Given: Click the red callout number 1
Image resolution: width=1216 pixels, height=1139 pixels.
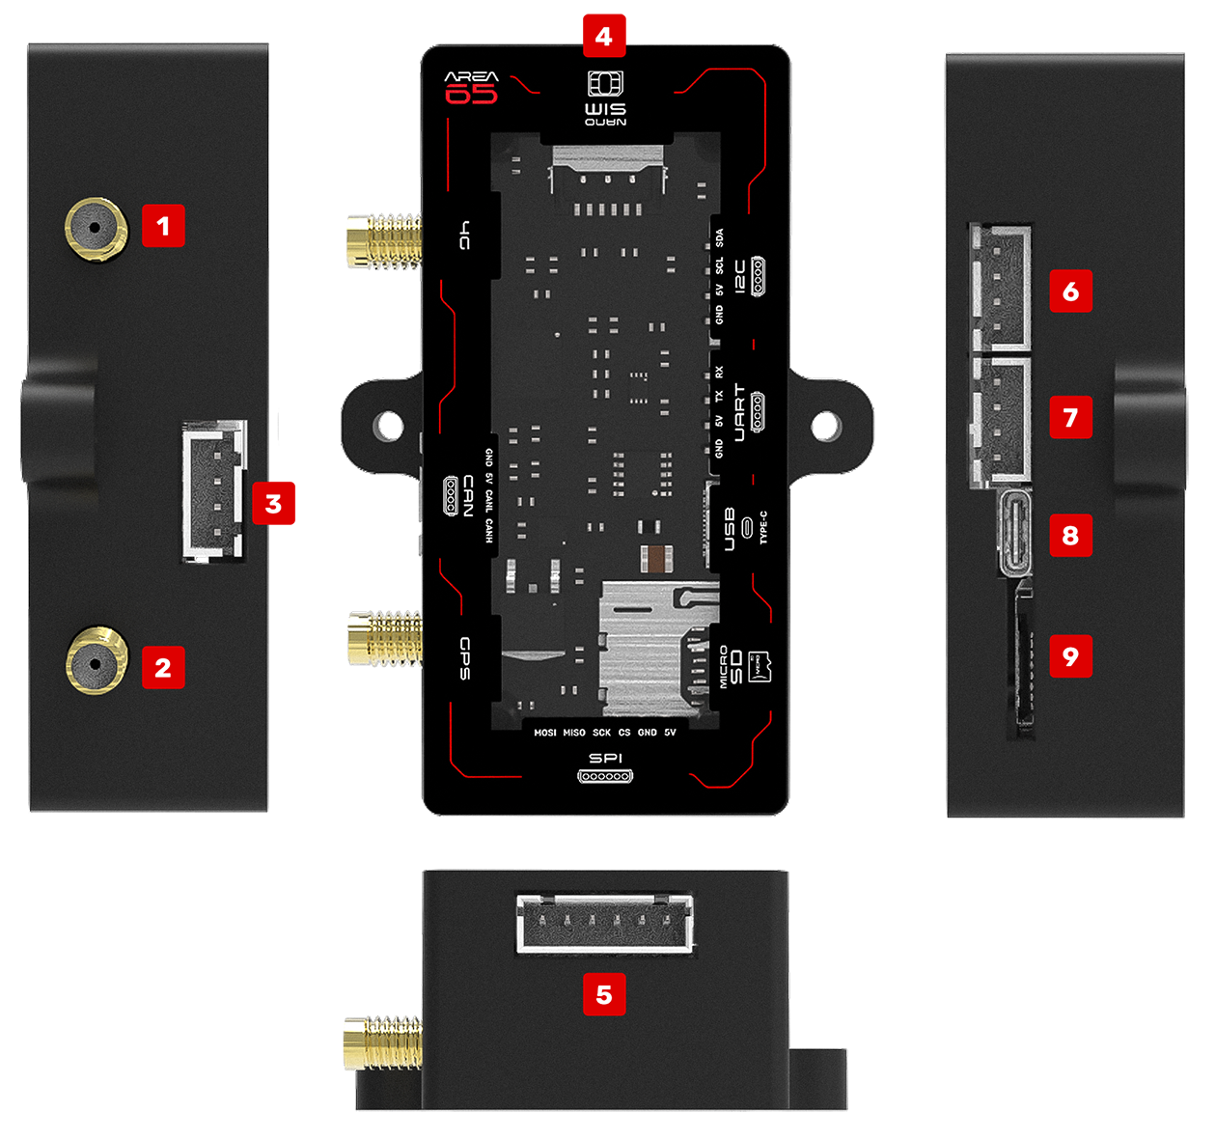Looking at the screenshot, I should click(163, 226).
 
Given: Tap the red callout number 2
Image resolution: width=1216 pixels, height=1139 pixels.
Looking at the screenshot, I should click(163, 667).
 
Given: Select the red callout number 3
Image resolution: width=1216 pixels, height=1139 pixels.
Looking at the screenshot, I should click(274, 503).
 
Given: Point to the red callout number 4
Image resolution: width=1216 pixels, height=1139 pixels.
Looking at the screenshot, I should click(604, 37).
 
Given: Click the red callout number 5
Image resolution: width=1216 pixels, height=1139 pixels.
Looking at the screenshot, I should click(604, 994).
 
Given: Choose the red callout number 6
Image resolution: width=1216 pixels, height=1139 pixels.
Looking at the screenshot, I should click(1070, 292).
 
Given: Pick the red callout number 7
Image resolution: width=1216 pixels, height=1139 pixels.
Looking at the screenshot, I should click(1070, 417).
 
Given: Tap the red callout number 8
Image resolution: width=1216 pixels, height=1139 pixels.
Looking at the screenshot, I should click(1070, 535).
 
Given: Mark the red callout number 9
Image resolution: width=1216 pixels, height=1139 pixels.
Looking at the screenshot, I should click(1070, 656).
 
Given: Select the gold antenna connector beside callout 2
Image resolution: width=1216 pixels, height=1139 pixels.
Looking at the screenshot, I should click(96, 663).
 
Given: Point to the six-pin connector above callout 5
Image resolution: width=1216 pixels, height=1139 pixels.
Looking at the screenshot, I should click(605, 924).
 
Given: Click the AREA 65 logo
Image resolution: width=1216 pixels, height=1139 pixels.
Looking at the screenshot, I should click(471, 87).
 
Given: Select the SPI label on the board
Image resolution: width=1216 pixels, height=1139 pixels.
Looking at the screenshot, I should click(606, 759).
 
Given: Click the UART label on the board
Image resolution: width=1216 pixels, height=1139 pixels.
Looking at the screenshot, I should click(740, 412).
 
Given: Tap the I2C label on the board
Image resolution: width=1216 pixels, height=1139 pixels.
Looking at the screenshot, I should click(740, 276).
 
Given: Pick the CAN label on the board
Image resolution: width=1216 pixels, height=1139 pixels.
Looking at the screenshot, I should click(468, 495).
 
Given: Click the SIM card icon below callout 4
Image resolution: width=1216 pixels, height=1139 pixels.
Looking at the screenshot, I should click(605, 83).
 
